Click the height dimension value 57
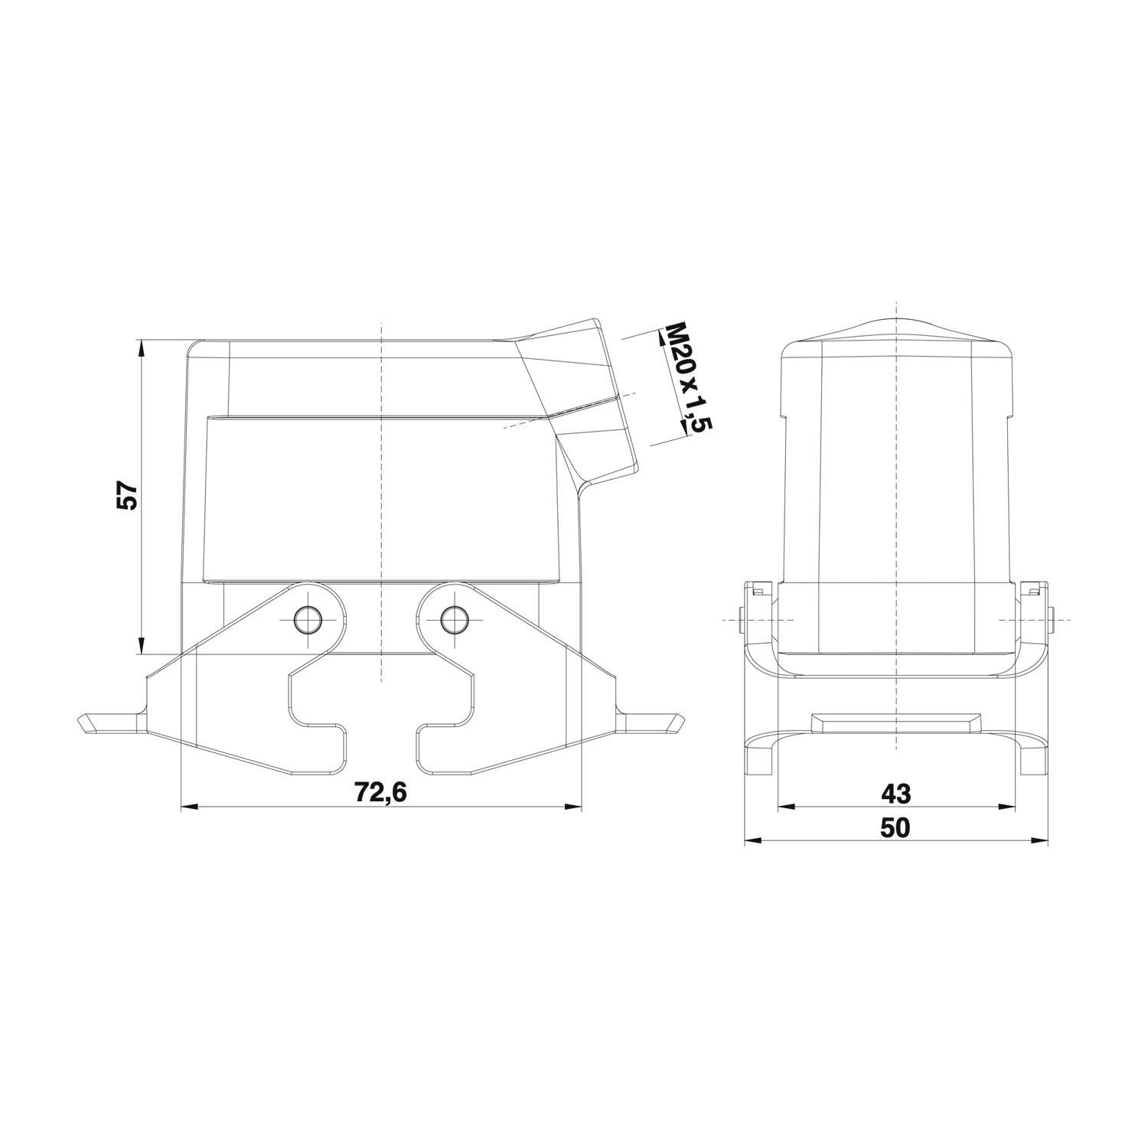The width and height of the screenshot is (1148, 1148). [x=126, y=496]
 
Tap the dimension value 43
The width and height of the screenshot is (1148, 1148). [x=895, y=794]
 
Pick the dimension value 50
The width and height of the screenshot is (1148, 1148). [x=895, y=828]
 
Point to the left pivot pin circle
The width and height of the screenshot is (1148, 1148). [x=310, y=618]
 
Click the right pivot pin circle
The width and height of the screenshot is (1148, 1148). [x=455, y=618]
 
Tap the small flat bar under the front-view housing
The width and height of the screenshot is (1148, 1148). [x=895, y=722]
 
